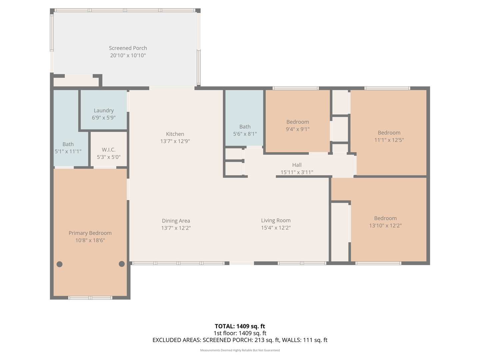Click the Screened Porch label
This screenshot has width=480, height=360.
click(x=128, y=48)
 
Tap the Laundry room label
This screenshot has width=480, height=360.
click(x=104, y=111)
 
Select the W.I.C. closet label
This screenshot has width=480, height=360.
click(x=109, y=150)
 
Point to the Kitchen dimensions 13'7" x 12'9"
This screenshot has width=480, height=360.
click(x=175, y=141)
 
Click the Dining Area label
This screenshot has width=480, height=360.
click(x=176, y=221)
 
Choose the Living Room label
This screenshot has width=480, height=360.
click(x=276, y=221)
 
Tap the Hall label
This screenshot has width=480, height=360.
click(x=297, y=165)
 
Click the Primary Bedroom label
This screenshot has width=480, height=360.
click(x=90, y=233)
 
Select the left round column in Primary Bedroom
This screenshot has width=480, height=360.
click(x=60, y=264)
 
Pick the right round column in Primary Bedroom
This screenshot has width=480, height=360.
click(x=122, y=264)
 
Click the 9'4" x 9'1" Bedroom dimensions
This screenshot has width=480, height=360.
click(x=298, y=129)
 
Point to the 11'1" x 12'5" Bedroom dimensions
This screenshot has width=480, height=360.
click(x=389, y=140)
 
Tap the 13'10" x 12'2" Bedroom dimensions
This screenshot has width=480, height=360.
click(x=385, y=226)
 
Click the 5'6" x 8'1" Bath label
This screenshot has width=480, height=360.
click(x=245, y=127)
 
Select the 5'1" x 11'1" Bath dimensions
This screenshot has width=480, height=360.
click(x=68, y=152)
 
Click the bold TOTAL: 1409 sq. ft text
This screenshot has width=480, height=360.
click(x=240, y=326)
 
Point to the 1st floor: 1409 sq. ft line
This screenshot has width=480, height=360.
click(x=240, y=333)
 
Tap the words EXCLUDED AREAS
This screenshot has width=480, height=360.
click(x=176, y=340)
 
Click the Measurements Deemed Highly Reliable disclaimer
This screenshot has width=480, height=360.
click(x=240, y=350)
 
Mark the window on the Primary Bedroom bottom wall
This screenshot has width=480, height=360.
click(x=90, y=298)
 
